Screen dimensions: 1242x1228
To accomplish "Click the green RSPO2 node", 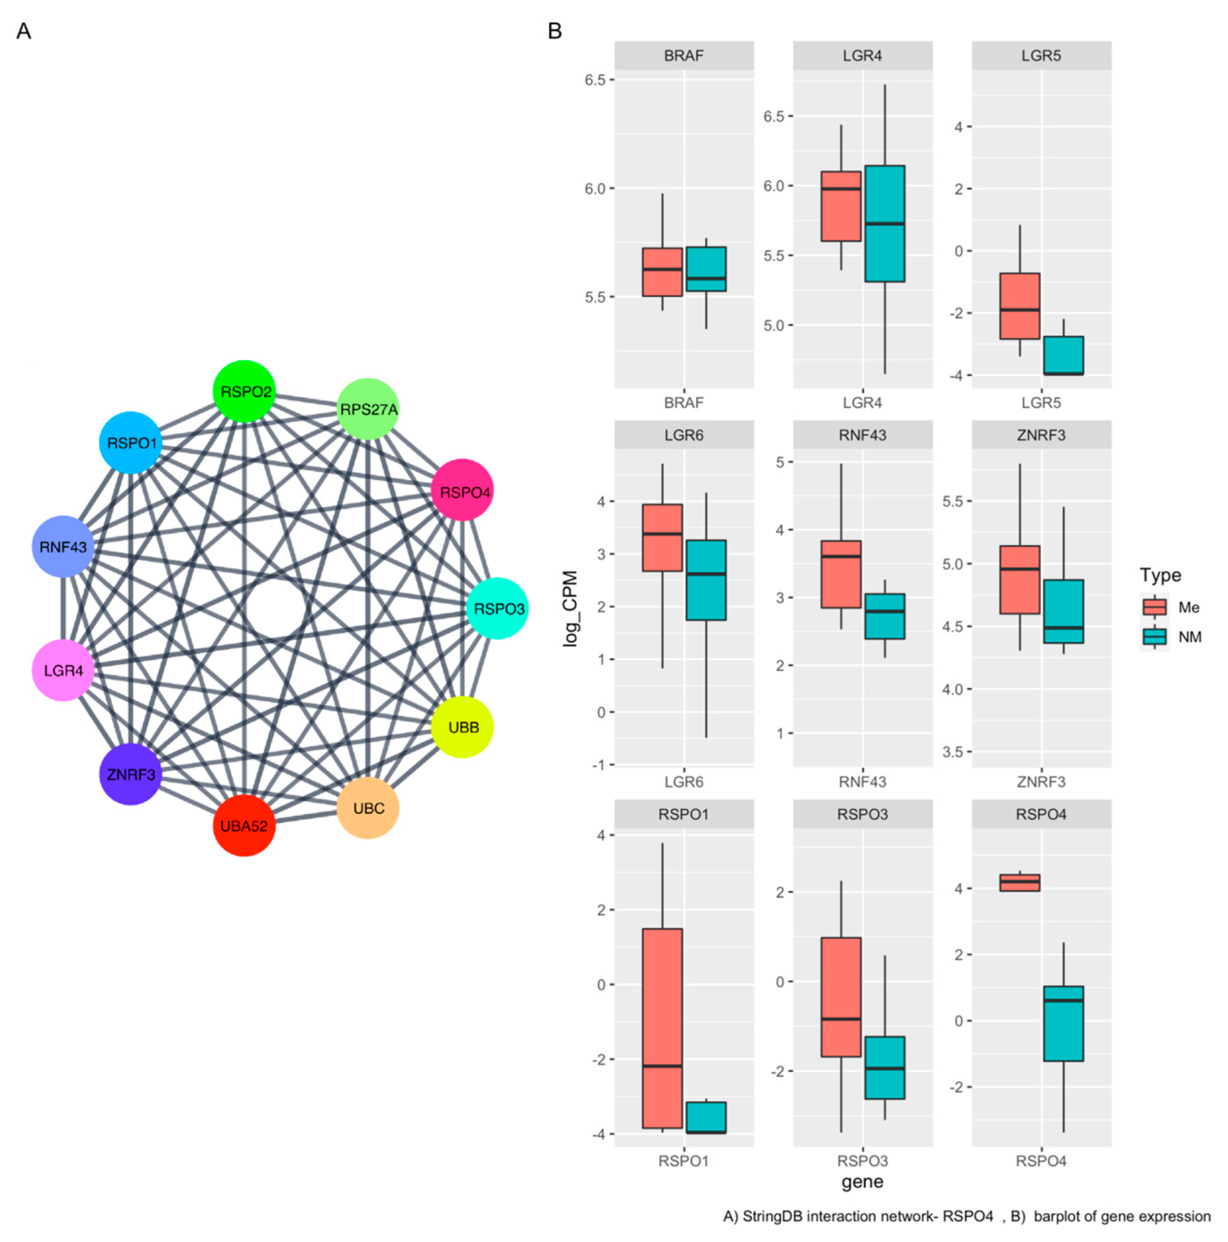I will point(244,391).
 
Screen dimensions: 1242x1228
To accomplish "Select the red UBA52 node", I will point(244,825).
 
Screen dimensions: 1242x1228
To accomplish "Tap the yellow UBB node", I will point(462,726).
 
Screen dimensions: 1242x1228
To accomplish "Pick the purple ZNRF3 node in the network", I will point(130,774).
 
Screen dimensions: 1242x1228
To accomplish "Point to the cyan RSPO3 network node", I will point(497,608).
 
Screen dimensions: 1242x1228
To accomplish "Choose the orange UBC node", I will point(368,808).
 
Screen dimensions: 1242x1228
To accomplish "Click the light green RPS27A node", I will point(368,409).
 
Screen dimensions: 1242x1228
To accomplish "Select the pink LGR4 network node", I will point(63,670).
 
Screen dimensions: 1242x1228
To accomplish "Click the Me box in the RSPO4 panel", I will point(1020,883).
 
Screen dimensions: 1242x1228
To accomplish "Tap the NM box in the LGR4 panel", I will point(885,223).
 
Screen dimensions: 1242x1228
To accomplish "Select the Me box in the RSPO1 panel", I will point(662,1028).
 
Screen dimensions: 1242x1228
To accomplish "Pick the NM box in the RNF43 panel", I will point(885,616).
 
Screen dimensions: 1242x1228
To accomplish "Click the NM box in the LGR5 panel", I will point(1063,355).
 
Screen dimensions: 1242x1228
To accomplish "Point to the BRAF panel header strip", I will point(684,56).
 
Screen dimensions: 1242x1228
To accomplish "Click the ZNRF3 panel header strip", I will point(1041,435).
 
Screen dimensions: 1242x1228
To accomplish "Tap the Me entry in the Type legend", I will point(1171,607).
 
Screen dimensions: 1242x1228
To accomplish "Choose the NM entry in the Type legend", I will point(1171,636).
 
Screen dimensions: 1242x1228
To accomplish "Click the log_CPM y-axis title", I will point(570,608).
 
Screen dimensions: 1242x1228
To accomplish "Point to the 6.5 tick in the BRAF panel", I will point(595,80).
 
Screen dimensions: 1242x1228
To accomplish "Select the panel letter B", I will point(554,31).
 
